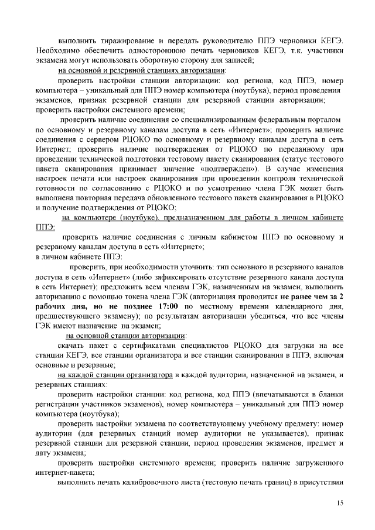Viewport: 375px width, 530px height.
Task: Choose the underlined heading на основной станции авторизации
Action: pos(127,336)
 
